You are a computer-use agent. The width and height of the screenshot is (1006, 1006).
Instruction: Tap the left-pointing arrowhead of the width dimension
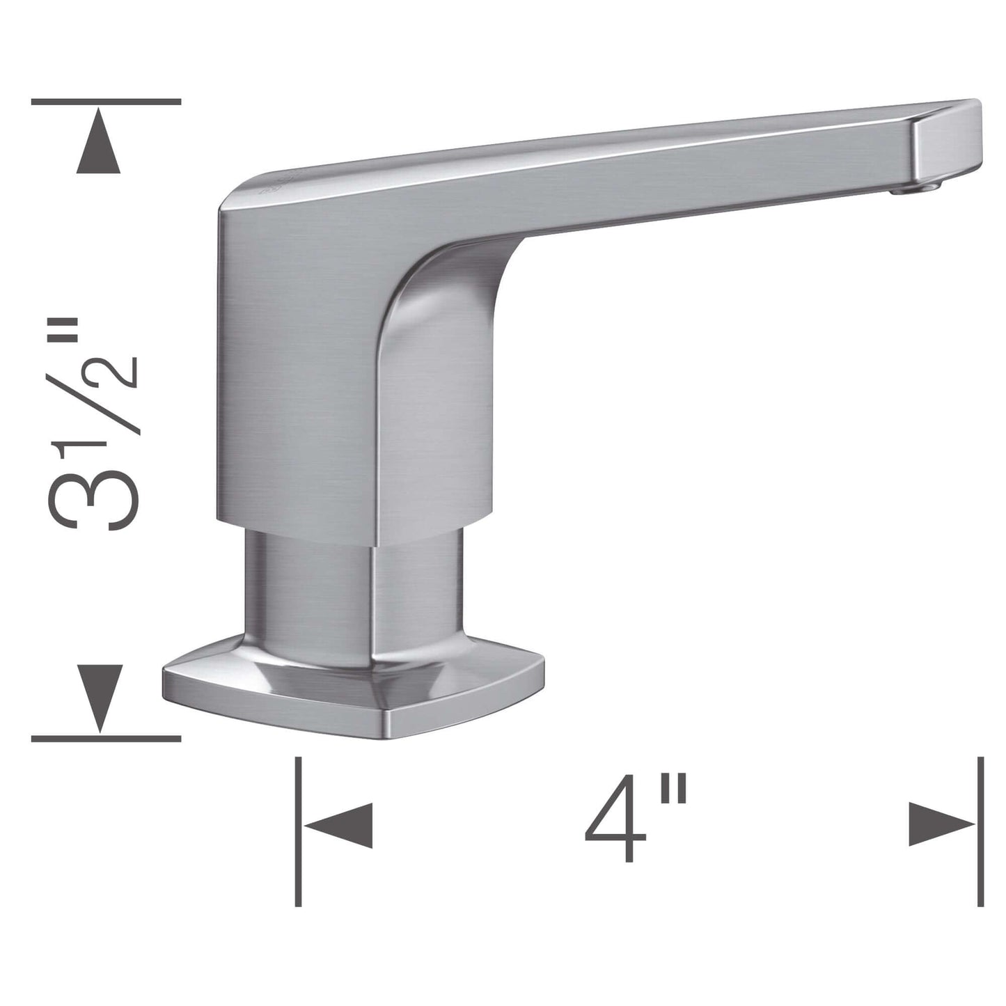tap(338, 826)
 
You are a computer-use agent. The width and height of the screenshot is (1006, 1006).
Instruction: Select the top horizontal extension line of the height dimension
tap(106, 102)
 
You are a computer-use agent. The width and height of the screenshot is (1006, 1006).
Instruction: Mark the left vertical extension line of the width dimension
tap(298, 831)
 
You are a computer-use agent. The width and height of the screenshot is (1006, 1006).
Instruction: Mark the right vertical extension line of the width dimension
tap(981, 831)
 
